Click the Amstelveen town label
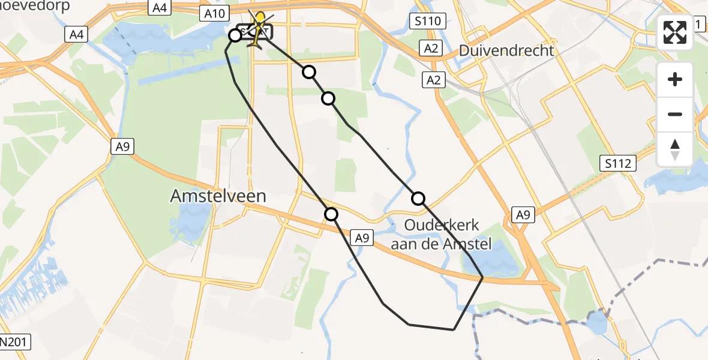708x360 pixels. [x=218, y=196]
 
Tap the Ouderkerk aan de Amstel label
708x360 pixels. [x=442, y=235]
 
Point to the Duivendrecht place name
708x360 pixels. [x=506, y=50]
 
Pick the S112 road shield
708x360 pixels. [x=620, y=162]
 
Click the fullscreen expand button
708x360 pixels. [x=675, y=32]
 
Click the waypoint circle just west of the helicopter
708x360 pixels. [x=235, y=35]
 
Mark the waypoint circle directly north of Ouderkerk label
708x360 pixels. [x=418, y=198]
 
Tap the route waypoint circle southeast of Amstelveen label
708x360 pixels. [x=331, y=214]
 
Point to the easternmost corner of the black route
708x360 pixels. [x=483, y=277]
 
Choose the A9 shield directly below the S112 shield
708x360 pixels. [x=523, y=215]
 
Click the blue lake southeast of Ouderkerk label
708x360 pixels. [x=492, y=260]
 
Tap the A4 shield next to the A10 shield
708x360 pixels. [x=159, y=8]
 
